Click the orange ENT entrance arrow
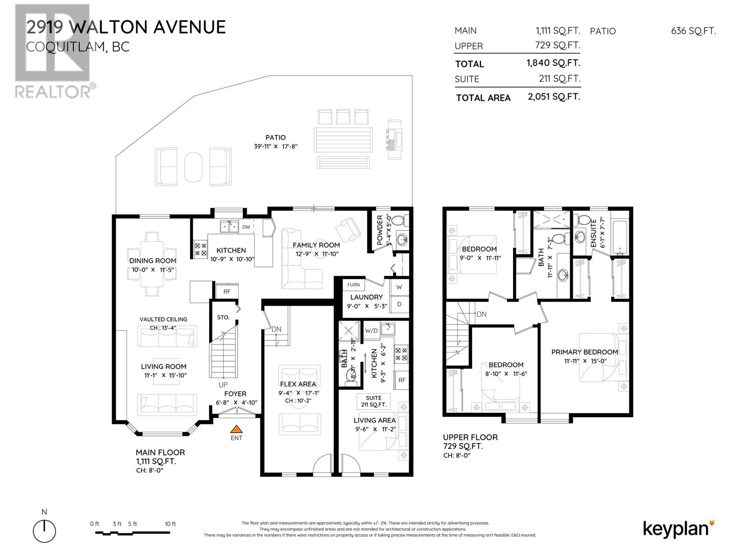[x=237, y=428]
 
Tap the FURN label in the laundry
[x=353, y=285]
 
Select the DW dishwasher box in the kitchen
[x=246, y=227]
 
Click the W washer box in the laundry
[x=399, y=287]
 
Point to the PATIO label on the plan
[x=275, y=138]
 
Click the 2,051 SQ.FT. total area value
[x=554, y=97]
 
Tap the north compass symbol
[x=44, y=531]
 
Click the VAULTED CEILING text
[x=163, y=319]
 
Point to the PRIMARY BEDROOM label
[x=585, y=352]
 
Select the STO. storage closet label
[x=223, y=317]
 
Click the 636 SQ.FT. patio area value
[x=693, y=31]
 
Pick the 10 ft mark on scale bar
[x=170, y=524]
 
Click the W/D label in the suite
[x=372, y=331]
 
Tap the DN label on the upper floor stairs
[x=481, y=315]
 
